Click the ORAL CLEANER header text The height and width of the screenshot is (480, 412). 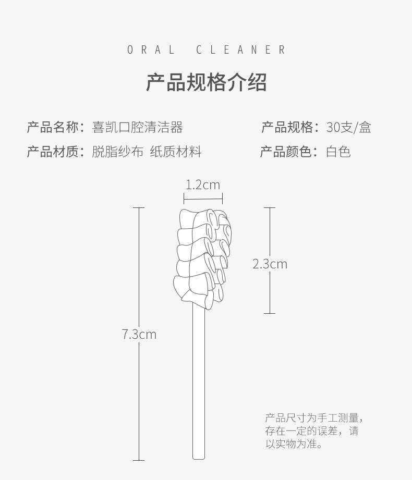tap(207, 50)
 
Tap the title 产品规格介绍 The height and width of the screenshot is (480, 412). tap(207, 82)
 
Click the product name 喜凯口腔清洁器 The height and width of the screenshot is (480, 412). tap(137, 127)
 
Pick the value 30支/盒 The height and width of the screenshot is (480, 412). tap(348, 127)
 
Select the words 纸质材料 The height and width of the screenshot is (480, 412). tap(175, 152)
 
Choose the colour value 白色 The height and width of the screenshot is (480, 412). tap(338, 152)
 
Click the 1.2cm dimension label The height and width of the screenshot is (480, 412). tap(203, 184)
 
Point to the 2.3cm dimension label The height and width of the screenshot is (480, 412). tap(270, 264)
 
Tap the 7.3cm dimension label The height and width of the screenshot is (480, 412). tap(139, 334)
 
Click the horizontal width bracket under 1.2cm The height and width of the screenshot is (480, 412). tap(203, 198)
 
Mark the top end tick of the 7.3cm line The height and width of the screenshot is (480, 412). tap(138, 208)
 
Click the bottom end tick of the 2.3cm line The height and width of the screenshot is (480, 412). tap(269, 313)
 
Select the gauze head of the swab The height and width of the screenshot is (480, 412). tap(201, 255)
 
